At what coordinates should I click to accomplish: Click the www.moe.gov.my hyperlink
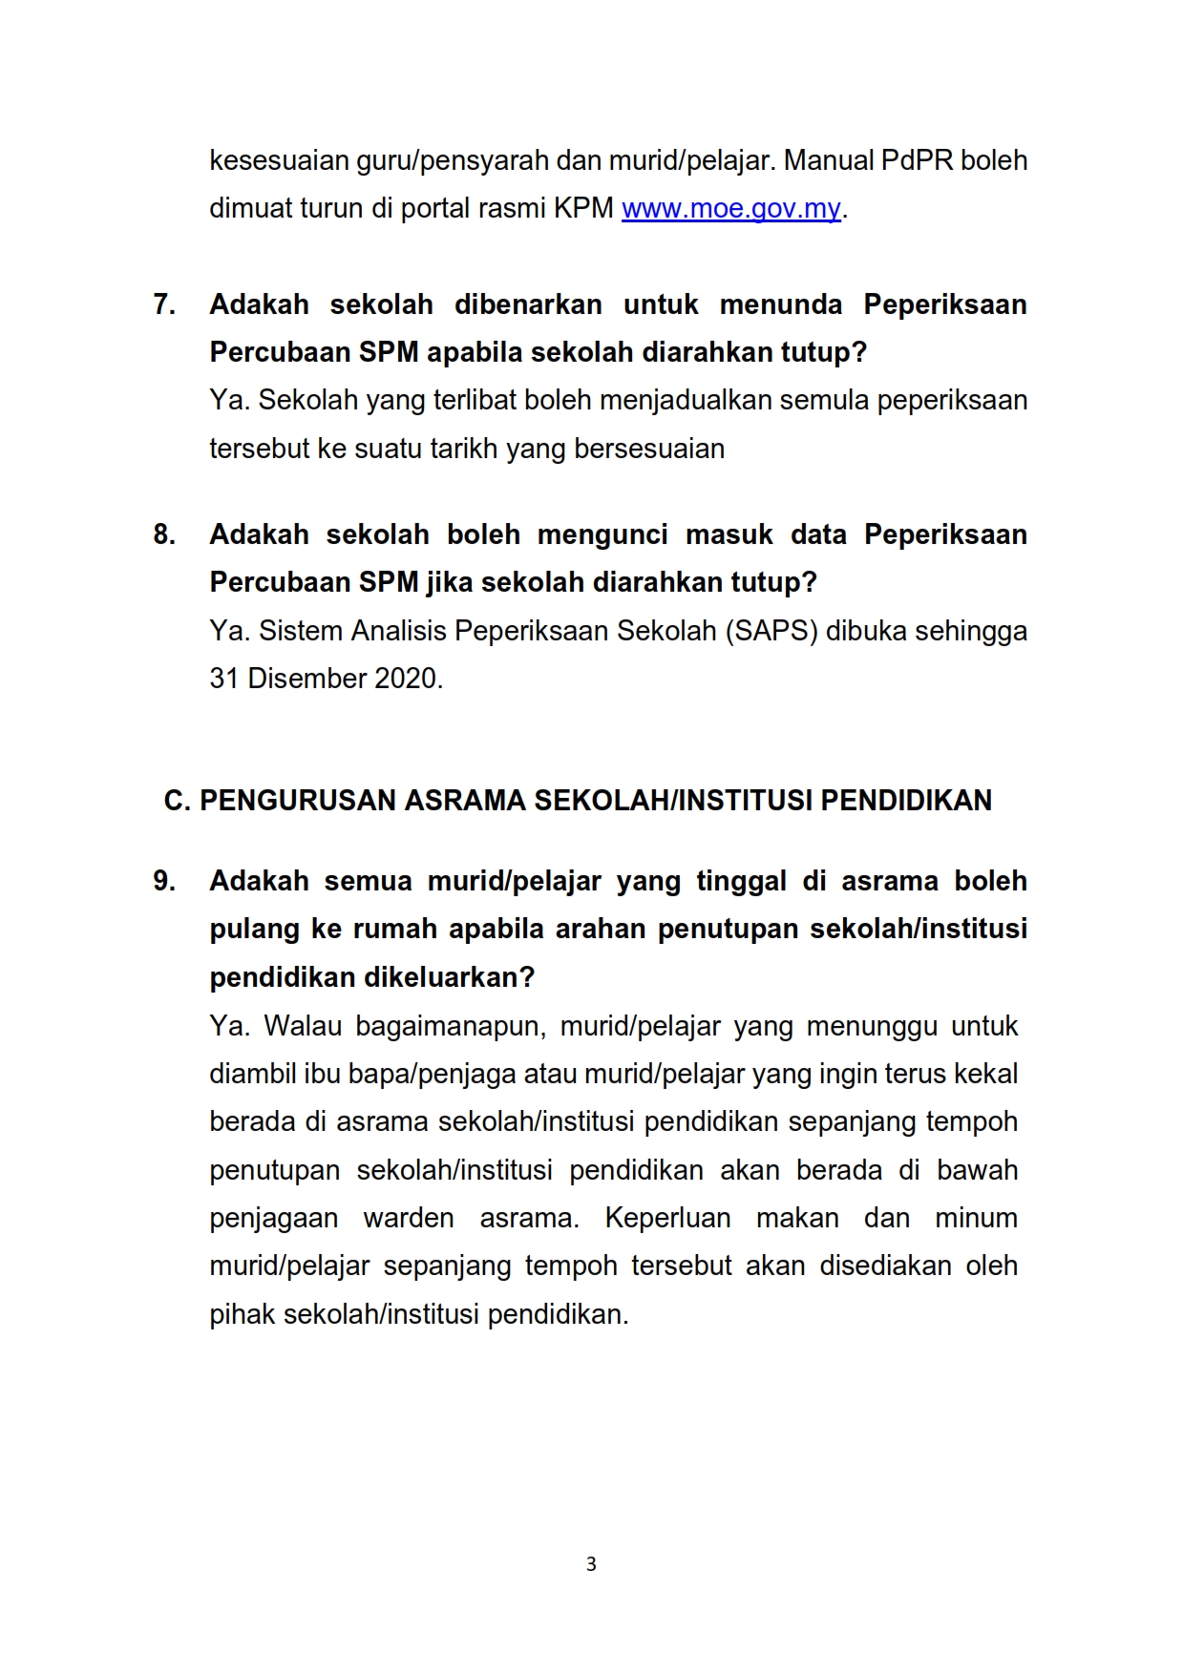point(730,209)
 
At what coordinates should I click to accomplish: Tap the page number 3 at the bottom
point(591,1564)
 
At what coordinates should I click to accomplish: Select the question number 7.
point(164,304)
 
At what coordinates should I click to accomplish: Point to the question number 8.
point(164,534)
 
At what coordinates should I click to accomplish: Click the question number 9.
point(164,881)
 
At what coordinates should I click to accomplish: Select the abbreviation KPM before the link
point(583,209)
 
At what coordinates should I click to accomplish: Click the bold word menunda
point(781,304)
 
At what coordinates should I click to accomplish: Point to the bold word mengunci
point(602,534)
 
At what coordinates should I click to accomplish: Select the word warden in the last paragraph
point(408,1219)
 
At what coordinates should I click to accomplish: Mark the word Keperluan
point(667,1219)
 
